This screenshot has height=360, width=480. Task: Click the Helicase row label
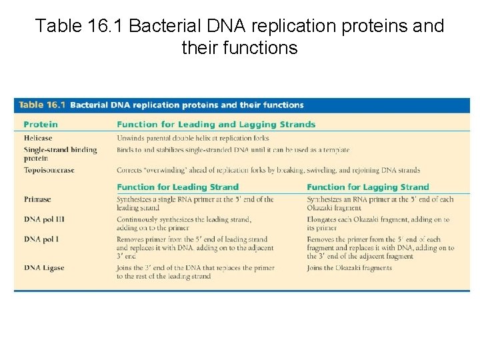pos(38,137)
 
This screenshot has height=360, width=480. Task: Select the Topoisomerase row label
pos(49,170)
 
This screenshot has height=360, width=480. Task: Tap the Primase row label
pos(37,199)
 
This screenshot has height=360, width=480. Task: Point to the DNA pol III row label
pos(42,219)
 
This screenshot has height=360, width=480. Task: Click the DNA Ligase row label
pos(44,268)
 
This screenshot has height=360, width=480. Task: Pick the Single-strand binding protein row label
pos(60,153)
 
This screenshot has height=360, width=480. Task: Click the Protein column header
pos(41,124)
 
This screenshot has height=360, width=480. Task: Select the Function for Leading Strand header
pos(177,187)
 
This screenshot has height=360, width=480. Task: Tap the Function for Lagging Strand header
pos(368,187)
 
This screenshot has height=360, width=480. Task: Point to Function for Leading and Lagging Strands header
pos(216,124)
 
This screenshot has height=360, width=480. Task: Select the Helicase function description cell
pos(193,137)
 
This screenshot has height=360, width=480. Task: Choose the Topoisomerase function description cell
pos(268,170)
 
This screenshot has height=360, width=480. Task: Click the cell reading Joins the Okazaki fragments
pos(349,268)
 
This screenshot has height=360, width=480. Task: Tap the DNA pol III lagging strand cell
pos(377,223)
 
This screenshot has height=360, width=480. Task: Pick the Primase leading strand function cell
pos(195,203)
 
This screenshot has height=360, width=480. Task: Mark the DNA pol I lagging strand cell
pos(380,247)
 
